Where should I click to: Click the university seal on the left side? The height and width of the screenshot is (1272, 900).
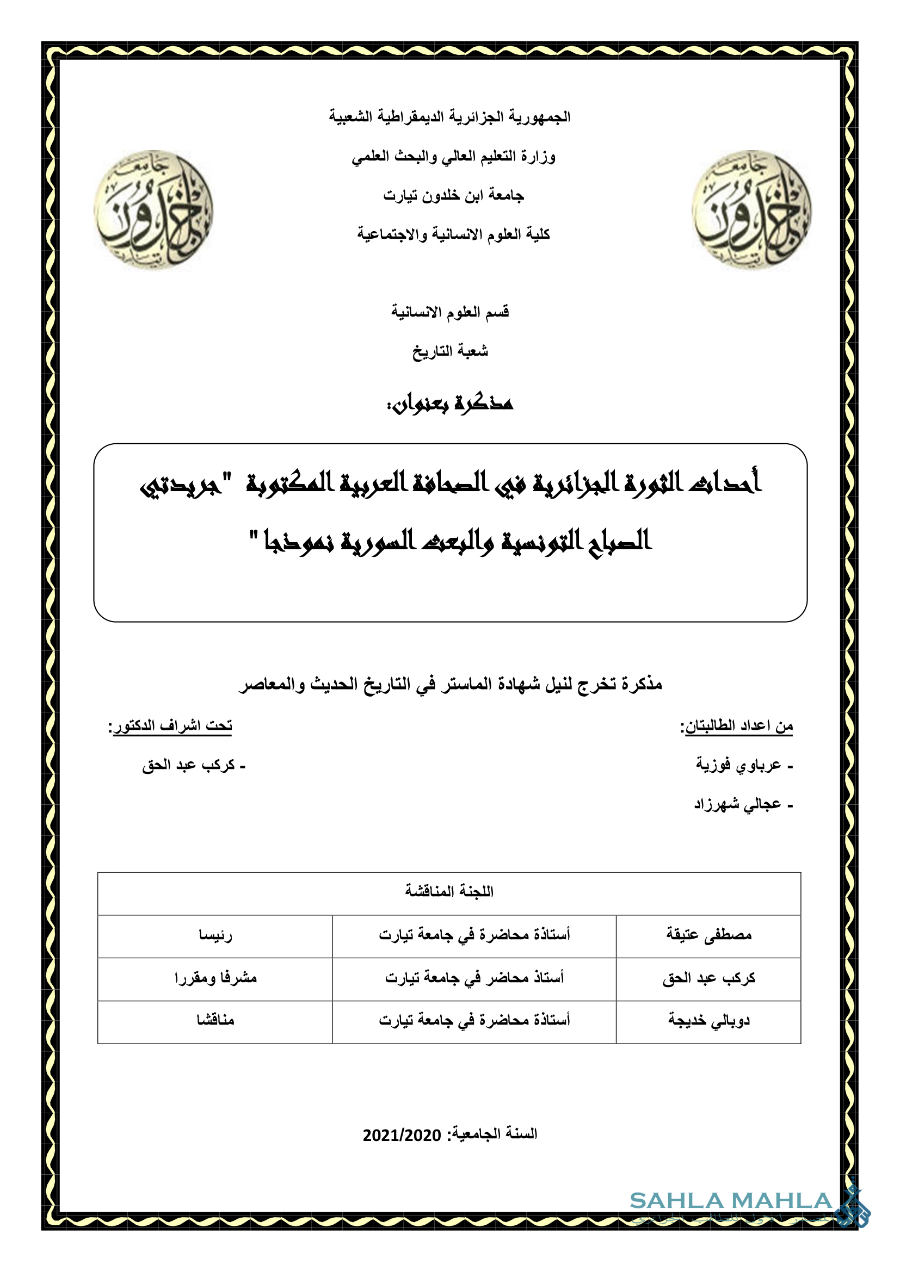[153, 209]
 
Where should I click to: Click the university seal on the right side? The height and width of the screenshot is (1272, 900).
[751, 209]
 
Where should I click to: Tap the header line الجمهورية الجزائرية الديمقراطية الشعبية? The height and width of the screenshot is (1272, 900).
[449, 117]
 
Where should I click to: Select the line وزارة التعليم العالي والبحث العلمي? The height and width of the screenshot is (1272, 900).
[453, 157]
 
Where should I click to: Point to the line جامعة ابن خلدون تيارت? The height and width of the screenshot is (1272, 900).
[453, 196]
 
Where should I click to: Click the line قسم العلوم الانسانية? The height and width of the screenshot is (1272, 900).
[450, 312]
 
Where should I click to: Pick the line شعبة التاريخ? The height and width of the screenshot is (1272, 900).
[450, 351]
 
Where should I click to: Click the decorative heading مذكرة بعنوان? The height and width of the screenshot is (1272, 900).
[450, 404]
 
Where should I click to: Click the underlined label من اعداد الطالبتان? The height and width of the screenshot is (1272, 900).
[737, 726]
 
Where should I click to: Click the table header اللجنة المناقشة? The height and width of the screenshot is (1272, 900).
[449, 891]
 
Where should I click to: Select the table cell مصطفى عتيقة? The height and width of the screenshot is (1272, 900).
[709, 935]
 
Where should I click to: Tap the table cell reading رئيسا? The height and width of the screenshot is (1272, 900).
[215, 935]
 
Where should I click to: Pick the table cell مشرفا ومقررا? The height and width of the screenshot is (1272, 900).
[215, 978]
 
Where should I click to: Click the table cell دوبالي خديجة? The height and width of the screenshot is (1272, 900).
[709, 1020]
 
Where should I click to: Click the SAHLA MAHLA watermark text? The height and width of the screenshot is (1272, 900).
[730, 1201]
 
